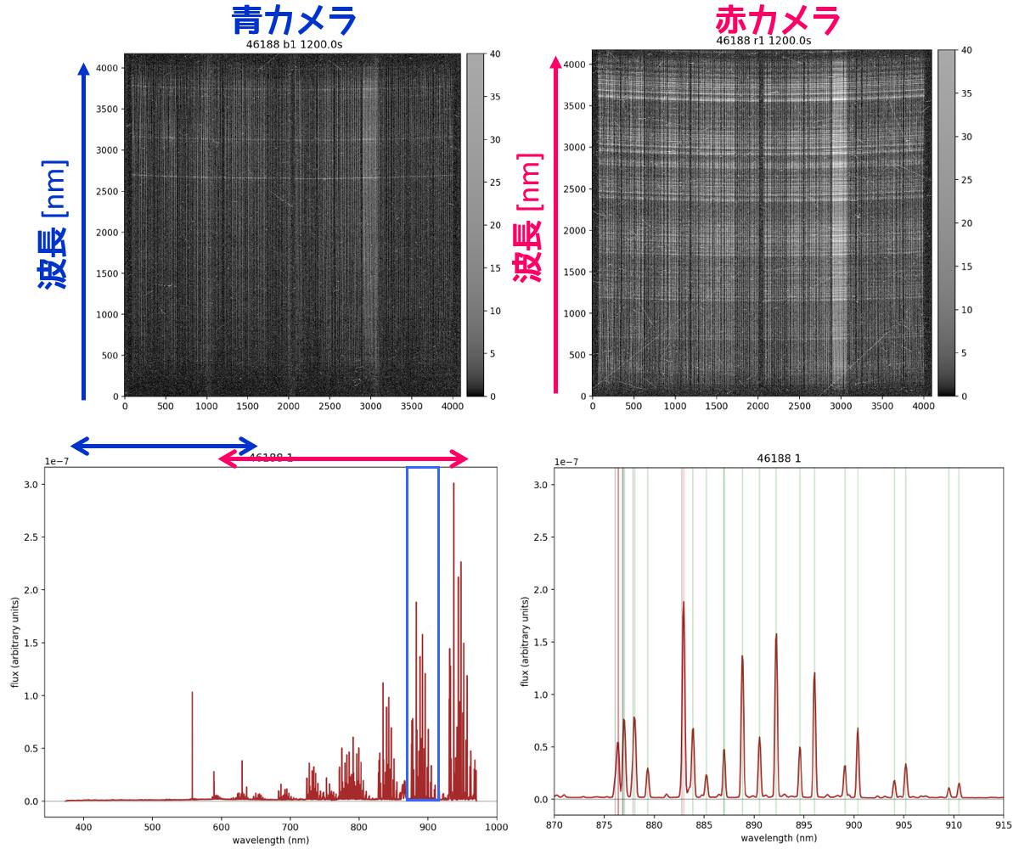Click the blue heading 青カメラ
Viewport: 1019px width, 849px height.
[x=293, y=20]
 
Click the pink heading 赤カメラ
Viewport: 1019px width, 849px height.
[x=778, y=20]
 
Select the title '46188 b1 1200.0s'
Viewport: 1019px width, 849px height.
[x=294, y=44]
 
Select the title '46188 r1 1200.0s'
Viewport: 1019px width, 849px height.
[x=763, y=40]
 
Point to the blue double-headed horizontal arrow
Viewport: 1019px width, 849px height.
[x=163, y=445]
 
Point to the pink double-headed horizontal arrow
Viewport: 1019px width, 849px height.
[x=343, y=459]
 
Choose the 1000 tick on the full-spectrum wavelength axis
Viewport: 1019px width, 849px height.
[x=497, y=827]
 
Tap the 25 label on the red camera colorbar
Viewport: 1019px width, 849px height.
[x=966, y=180]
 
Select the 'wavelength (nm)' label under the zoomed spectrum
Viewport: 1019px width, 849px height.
[x=779, y=838]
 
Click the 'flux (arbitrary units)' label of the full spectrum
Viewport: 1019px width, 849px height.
[x=15, y=642]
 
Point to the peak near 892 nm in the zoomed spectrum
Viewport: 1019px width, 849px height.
[x=775, y=635]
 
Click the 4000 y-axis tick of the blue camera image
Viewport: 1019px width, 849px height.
[x=107, y=68]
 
